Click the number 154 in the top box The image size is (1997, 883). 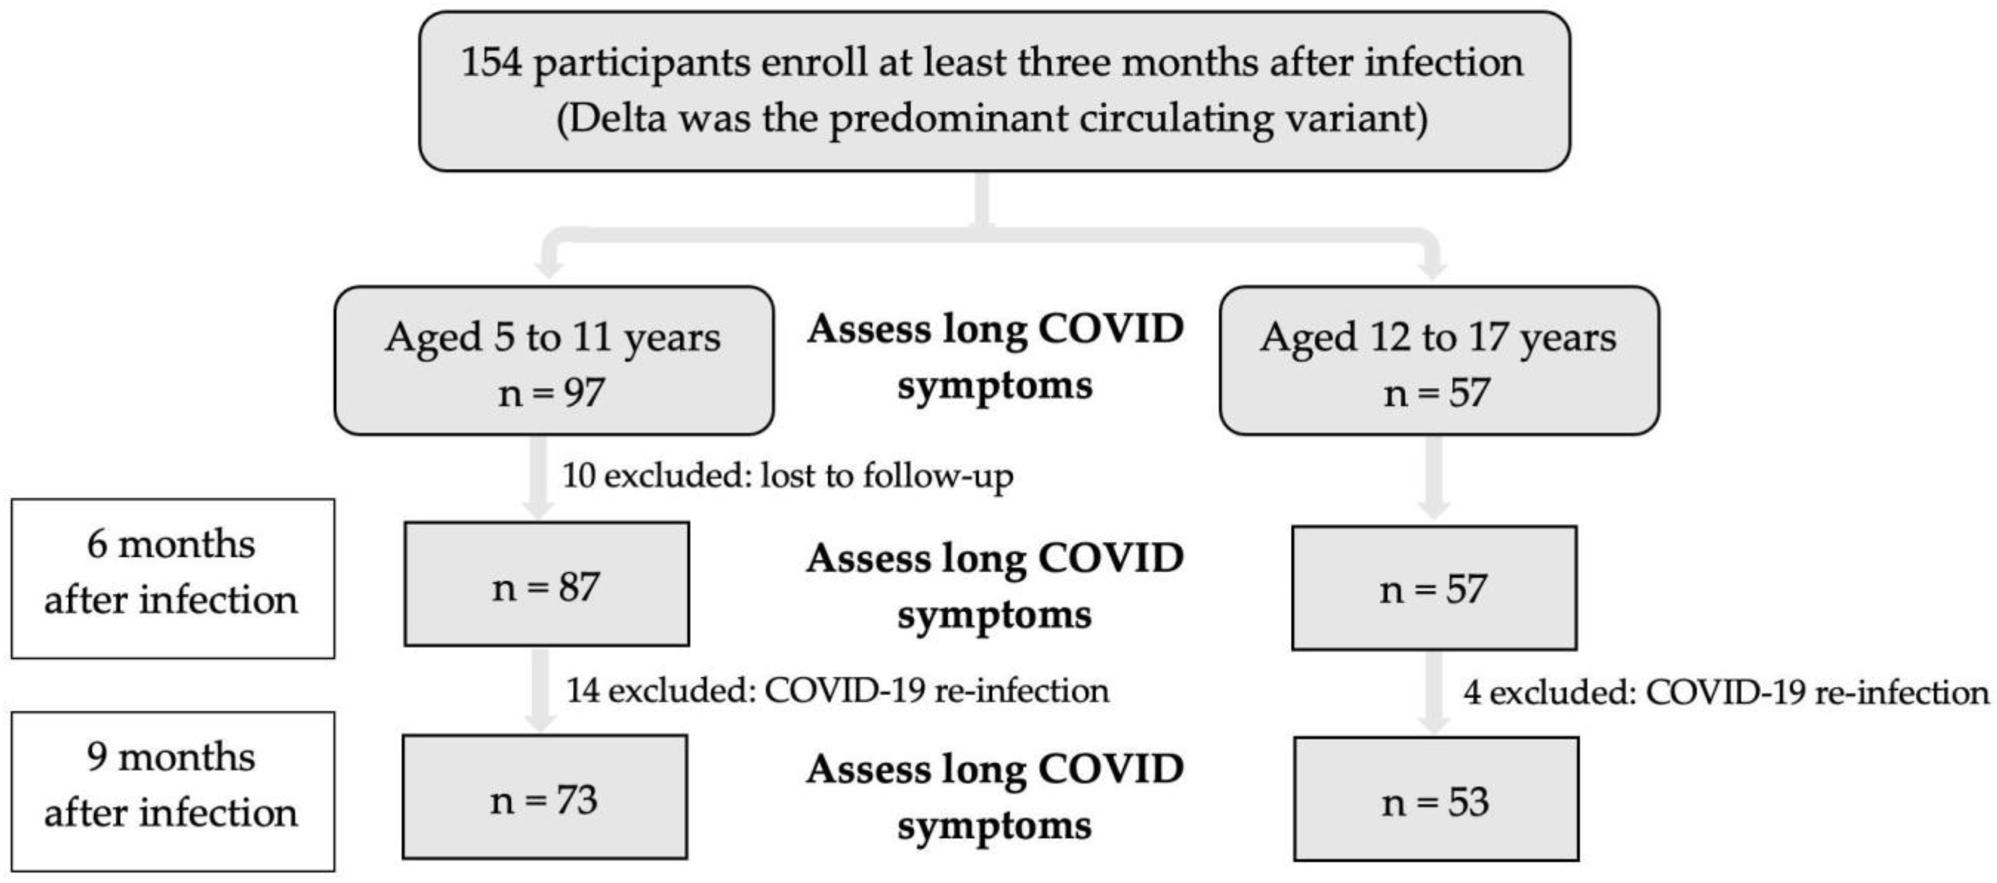(492, 62)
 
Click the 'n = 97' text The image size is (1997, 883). (551, 393)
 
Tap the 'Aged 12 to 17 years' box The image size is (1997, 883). (1438, 360)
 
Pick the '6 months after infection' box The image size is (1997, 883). (172, 578)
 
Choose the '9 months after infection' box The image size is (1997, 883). (172, 791)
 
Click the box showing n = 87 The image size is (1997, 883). (546, 584)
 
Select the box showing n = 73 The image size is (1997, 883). (544, 797)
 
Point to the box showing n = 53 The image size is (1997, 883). (1436, 799)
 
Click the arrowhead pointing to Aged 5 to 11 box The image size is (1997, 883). (549, 267)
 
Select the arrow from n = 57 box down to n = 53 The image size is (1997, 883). (1434, 692)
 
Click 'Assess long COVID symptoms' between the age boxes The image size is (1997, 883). (995, 356)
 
